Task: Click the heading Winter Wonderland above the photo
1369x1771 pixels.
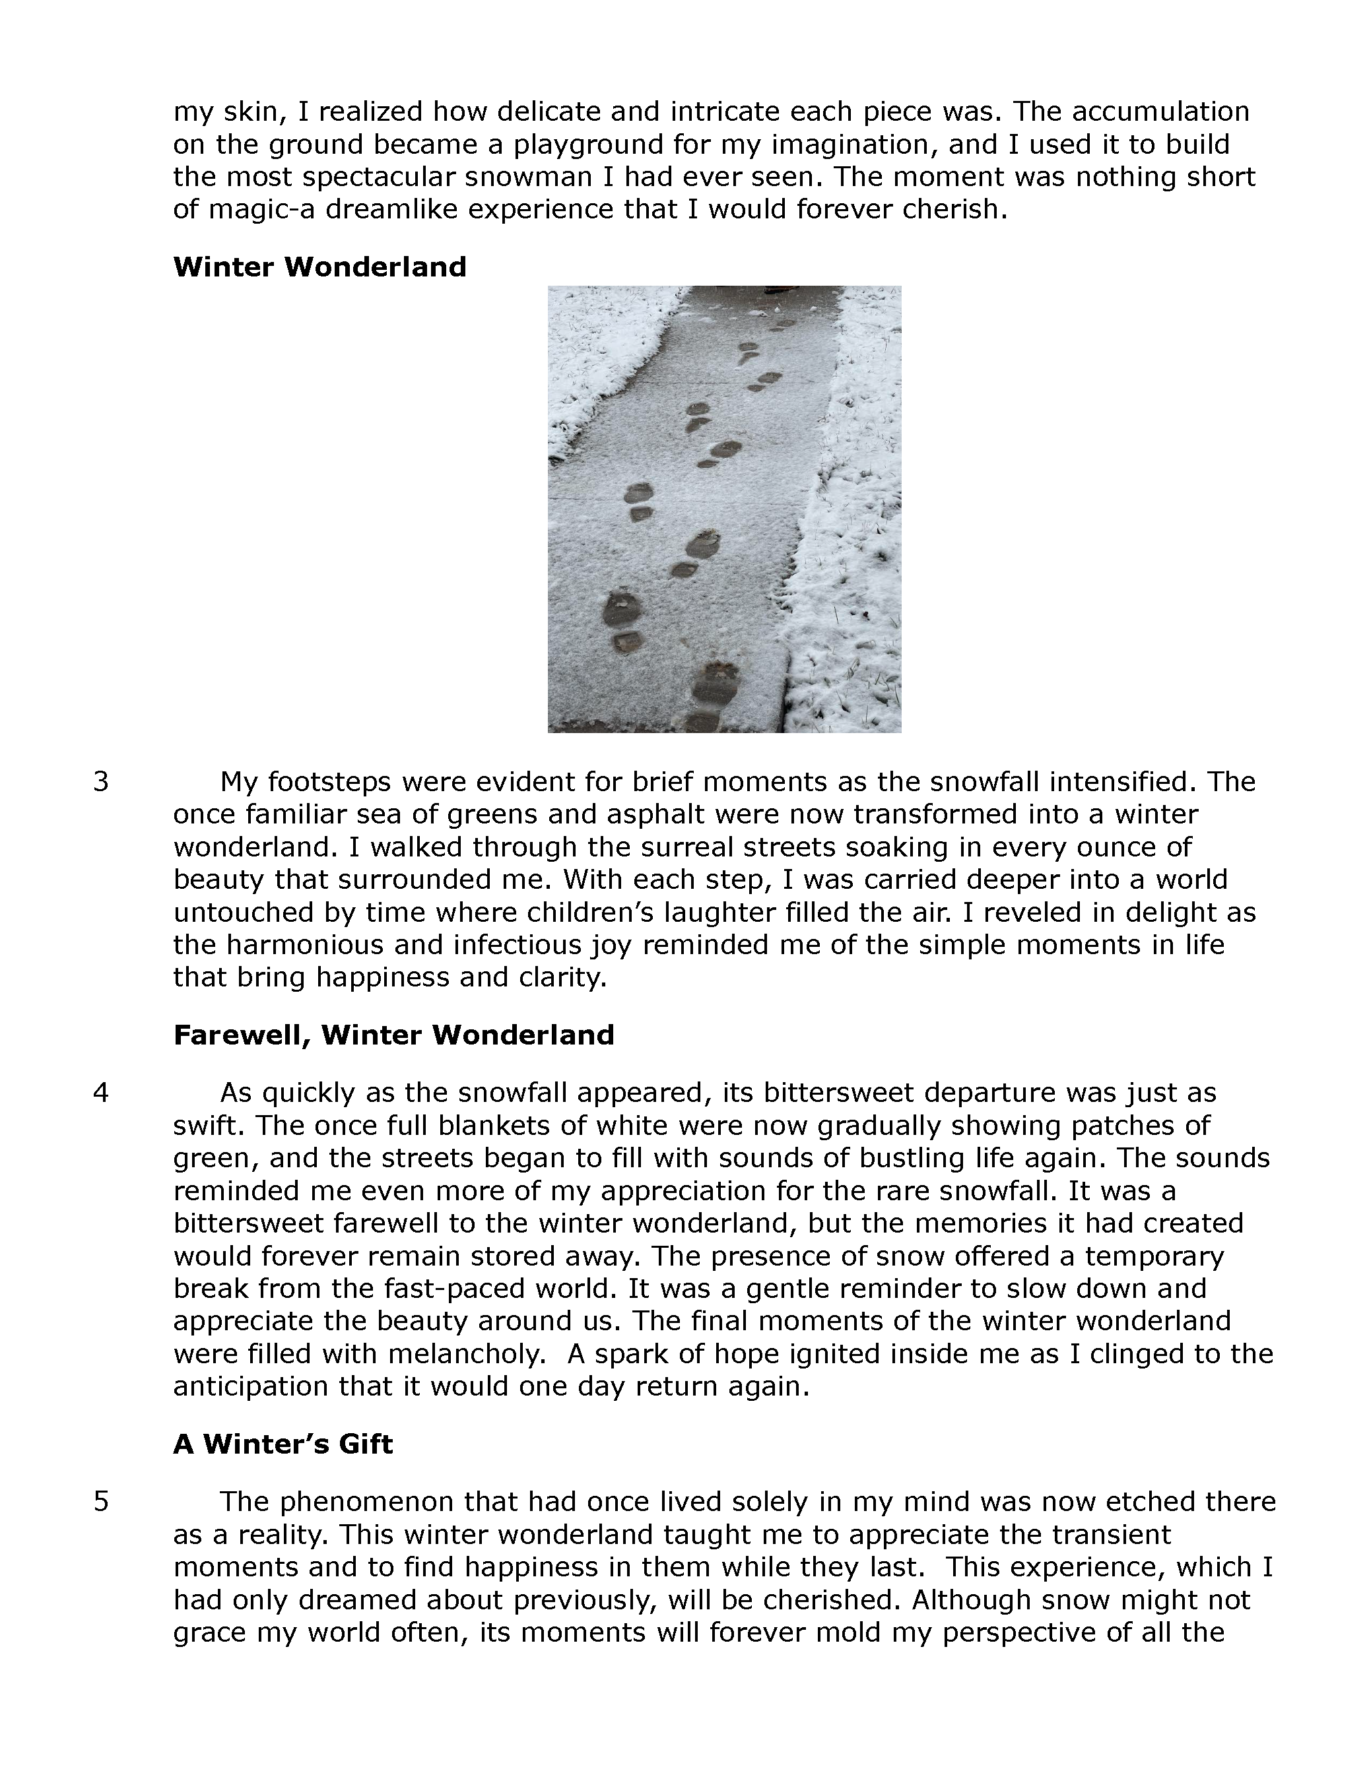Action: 319,267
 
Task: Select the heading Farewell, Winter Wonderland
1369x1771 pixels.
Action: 393,1035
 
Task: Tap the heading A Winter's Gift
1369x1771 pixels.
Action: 283,1444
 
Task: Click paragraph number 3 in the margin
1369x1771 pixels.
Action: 100,782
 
